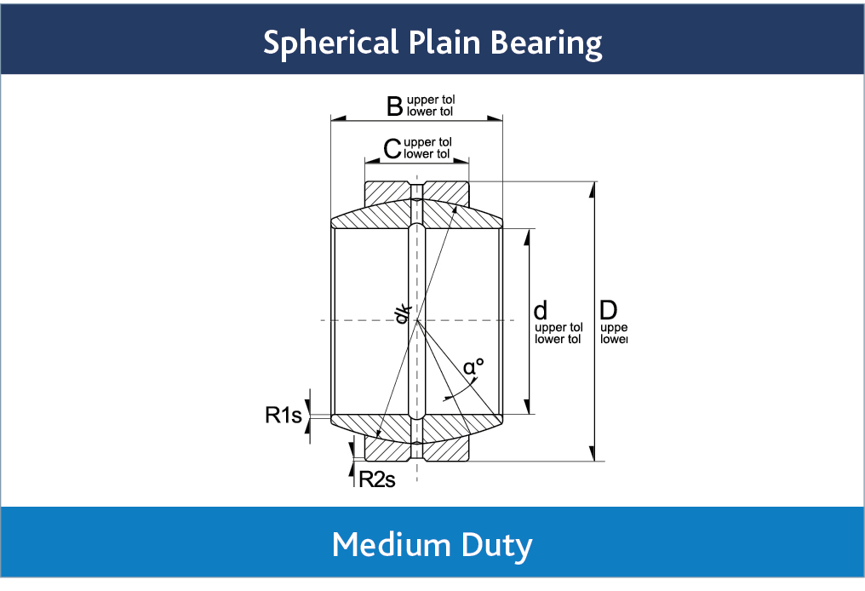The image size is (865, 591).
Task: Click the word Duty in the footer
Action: click(500, 544)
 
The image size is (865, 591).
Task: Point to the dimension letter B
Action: click(394, 106)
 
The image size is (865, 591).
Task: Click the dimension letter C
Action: click(392, 149)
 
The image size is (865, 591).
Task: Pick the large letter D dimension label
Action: click(608, 309)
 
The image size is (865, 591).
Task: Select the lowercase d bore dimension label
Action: click(540, 310)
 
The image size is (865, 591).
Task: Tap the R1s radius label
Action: click(284, 416)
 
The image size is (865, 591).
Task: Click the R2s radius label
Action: click(377, 479)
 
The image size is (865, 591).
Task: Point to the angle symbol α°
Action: click(473, 367)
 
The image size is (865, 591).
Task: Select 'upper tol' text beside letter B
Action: click(431, 100)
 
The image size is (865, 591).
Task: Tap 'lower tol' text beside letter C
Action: click(427, 154)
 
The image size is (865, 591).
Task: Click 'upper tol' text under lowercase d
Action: click(559, 327)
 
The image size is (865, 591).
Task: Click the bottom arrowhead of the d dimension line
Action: click(529, 407)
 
